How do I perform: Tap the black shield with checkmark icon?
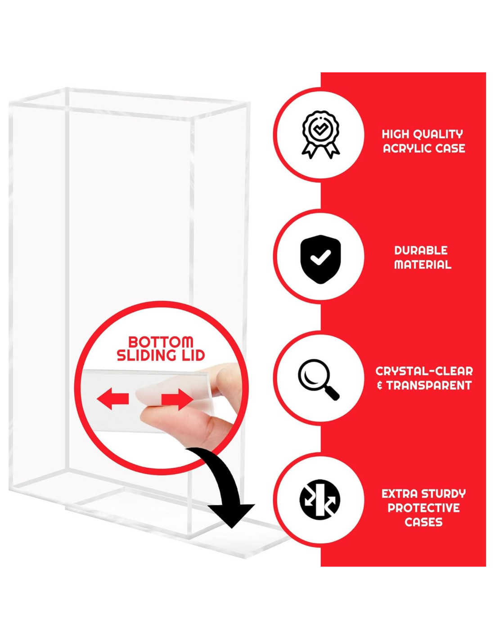coord(320,259)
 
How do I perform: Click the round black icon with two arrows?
coord(320,499)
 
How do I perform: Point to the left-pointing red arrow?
coord(113,399)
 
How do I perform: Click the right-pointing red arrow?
coord(177,399)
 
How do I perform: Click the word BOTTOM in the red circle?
coord(161,342)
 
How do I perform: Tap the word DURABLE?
coord(421,250)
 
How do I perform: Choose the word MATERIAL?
coord(423,265)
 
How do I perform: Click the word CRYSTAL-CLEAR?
coord(424,371)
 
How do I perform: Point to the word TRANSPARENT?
coord(429,386)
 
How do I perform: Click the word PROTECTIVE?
coord(423,508)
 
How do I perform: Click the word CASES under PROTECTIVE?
coord(423,522)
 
